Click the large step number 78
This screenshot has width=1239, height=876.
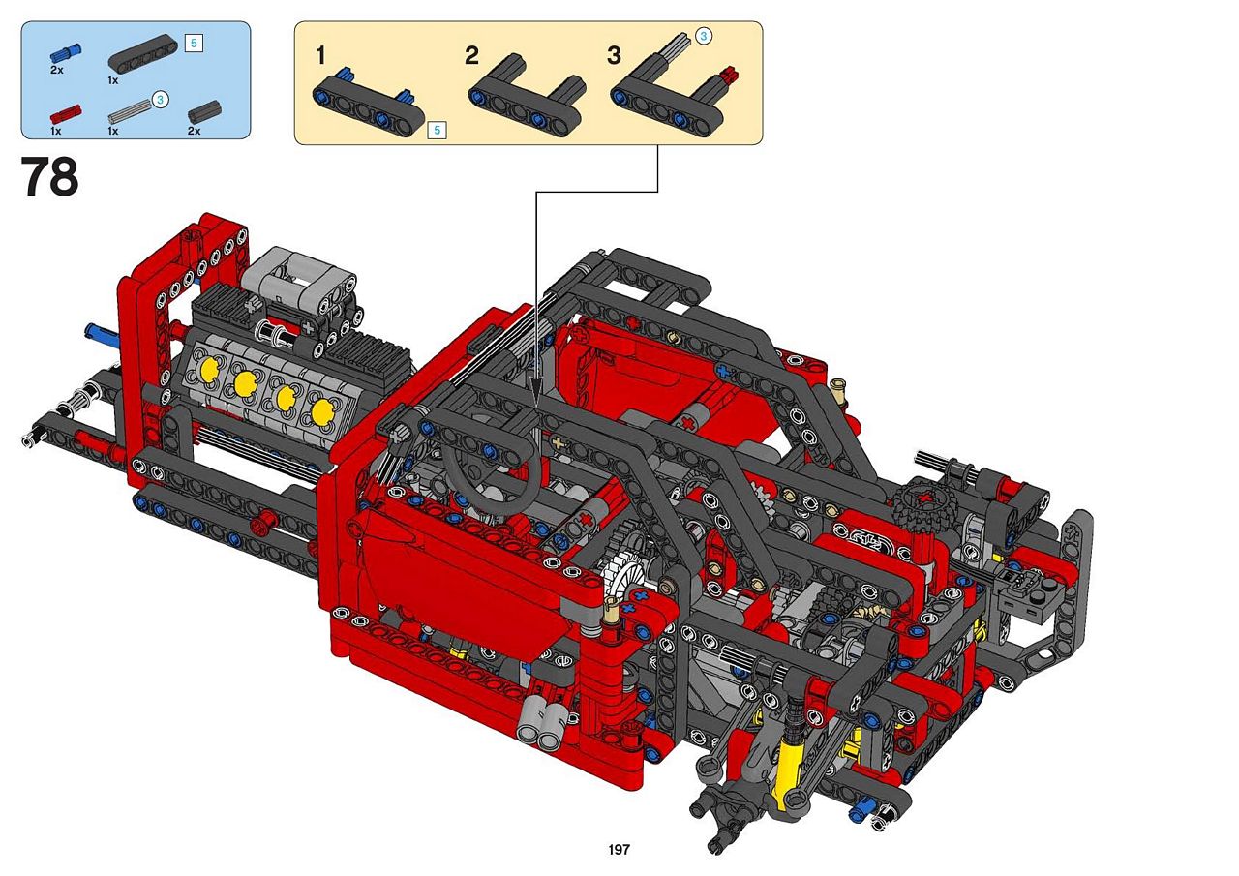49,176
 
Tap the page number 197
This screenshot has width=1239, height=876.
619,849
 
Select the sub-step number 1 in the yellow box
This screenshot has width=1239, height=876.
320,56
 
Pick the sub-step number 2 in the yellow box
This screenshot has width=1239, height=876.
471,56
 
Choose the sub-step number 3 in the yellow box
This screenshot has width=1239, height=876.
614,56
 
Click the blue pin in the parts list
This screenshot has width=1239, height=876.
66,53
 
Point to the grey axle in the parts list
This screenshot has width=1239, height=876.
130,111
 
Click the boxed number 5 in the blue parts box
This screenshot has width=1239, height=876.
194,44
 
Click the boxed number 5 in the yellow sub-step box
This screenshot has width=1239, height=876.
437,130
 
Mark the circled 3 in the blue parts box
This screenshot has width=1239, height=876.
160,100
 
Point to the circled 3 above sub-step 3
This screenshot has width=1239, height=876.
703,37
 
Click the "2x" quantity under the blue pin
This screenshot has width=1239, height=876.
57,71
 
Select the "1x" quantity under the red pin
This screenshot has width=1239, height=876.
56,131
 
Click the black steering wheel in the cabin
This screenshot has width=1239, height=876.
493,476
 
